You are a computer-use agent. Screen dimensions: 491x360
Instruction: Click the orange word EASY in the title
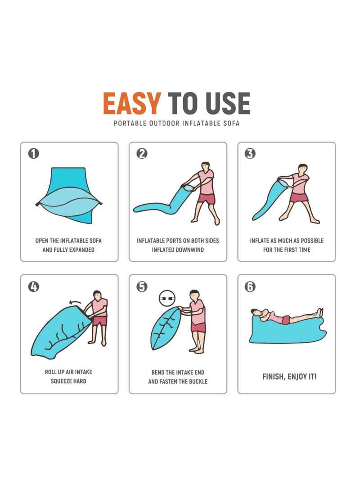(131, 103)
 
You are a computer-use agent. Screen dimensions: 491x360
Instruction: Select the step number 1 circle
(34, 153)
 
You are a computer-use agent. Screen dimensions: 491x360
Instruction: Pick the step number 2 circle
(142, 153)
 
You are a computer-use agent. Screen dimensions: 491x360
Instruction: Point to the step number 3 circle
(250, 153)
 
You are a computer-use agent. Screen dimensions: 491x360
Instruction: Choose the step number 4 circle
(34, 286)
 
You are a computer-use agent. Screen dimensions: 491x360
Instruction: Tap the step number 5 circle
(142, 286)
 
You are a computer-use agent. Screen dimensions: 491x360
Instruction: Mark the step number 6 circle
(250, 286)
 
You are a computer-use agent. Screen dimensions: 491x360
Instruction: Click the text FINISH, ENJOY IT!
(289, 377)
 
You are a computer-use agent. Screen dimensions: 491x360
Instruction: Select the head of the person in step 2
(205, 166)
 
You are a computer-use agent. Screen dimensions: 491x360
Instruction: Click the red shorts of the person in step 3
(298, 197)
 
